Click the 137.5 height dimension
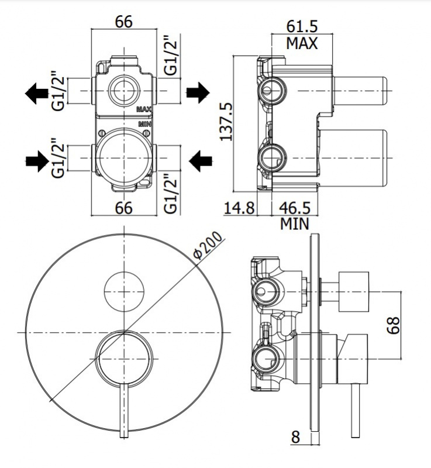click(x=227, y=122)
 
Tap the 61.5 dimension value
click(x=302, y=27)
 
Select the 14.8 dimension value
click(x=239, y=208)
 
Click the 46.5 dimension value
click(x=294, y=208)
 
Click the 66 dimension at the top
click(x=123, y=22)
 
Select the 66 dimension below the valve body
click(x=123, y=208)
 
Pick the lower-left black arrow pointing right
click(x=37, y=159)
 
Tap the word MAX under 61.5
click(x=302, y=43)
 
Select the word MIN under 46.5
click(x=294, y=223)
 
